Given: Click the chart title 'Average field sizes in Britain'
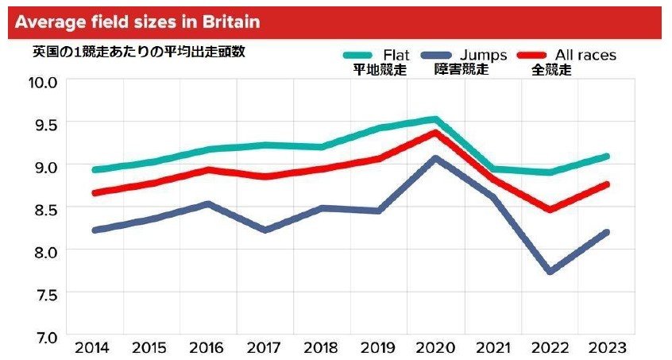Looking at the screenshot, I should click(x=137, y=21).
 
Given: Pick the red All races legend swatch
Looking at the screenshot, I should click(x=534, y=56).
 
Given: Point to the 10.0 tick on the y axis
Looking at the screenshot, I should click(x=43, y=81).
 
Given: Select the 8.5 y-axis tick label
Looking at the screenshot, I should click(x=43, y=208).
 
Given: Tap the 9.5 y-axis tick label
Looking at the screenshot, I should click(x=43, y=124).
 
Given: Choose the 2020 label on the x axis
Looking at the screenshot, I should click(x=435, y=348).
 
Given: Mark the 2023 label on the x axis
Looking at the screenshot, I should click(x=606, y=348).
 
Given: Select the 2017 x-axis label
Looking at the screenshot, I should click(x=265, y=348).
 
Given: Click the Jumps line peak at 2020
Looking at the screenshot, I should click(x=435, y=158).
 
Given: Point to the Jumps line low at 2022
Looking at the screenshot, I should click(x=549, y=272).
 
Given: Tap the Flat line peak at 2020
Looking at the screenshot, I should click(x=434, y=119).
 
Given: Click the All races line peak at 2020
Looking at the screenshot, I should click(x=435, y=132).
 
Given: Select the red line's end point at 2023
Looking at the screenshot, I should click(x=606, y=184).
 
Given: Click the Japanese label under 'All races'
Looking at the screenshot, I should click(x=551, y=70).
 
